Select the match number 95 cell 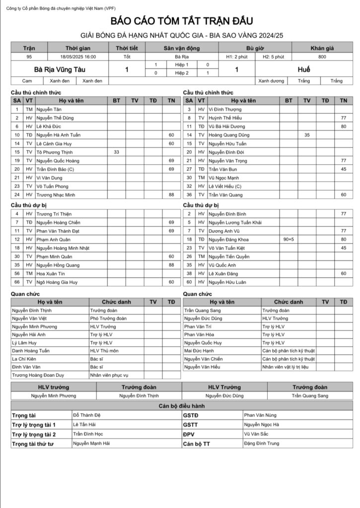[x=29, y=57]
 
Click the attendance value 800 [x=322, y=57]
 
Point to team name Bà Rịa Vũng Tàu [x=59, y=70]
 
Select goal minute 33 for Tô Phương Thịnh [x=117, y=152]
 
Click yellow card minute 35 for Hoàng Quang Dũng [x=307, y=135]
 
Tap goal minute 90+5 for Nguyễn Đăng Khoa [x=288, y=240]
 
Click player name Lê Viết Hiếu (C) [x=225, y=186]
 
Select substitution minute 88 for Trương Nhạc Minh [x=171, y=194]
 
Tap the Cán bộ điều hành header [x=181, y=406]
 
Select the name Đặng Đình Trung [x=261, y=444]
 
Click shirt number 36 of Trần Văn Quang [x=189, y=194]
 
